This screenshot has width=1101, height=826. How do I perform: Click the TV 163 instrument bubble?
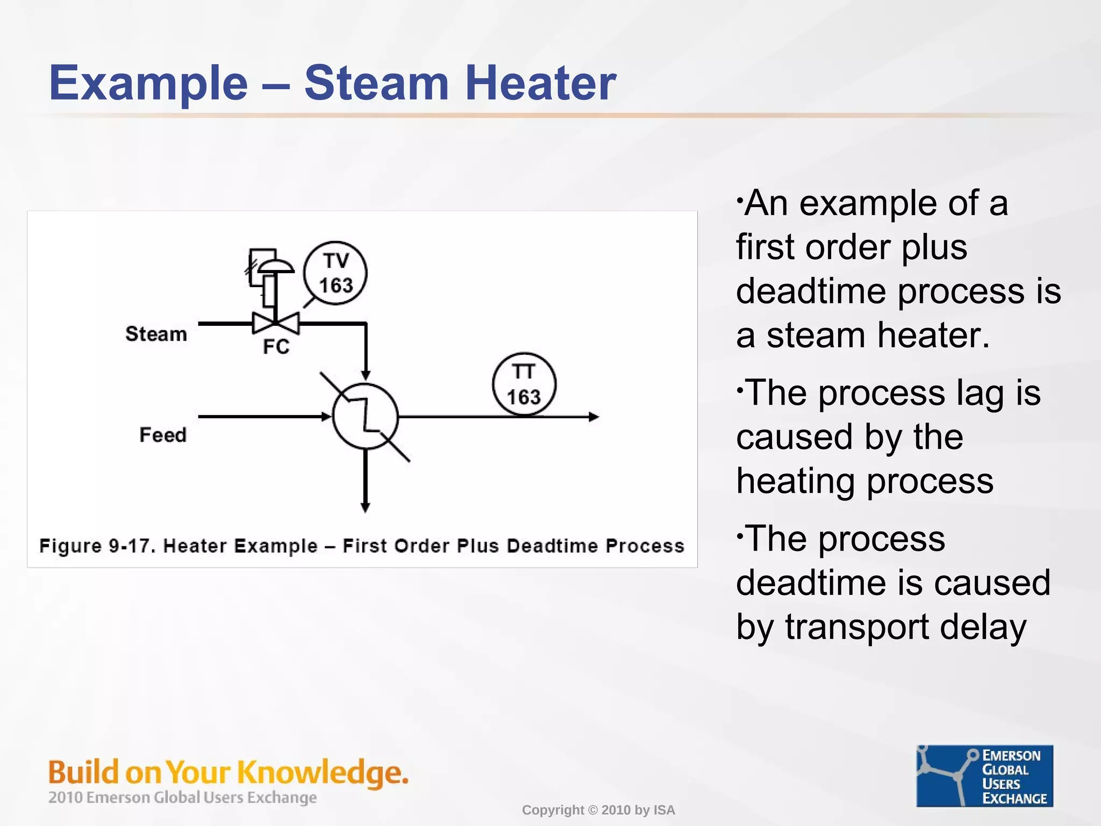pyautogui.click(x=335, y=273)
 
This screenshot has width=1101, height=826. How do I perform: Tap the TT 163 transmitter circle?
pyautogui.click(x=524, y=384)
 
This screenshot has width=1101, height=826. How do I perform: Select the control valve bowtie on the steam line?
pyautogui.click(x=276, y=323)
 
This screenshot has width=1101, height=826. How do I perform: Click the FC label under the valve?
pyautogui.click(x=276, y=347)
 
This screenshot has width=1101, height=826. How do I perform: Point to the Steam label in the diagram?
pyautogui.click(x=156, y=334)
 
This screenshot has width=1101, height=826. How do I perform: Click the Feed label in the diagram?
pyautogui.click(x=163, y=435)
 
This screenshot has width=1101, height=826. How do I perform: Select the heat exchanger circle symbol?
pyautogui.click(x=366, y=416)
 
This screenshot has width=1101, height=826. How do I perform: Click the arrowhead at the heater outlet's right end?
pyautogui.click(x=594, y=417)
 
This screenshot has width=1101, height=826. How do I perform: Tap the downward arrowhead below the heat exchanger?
pyautogui.click(x=365, y=507)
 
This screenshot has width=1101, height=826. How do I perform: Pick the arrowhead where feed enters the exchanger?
pyautogui.click(x=326, y=417)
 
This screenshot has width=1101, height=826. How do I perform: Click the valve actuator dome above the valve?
pyautogui.click(x=275, y=266)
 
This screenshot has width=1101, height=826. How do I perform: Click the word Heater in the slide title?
pyautogui.click(x=540, y=83)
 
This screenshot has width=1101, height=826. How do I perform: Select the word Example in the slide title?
pyautogui.click(x=148, y=83)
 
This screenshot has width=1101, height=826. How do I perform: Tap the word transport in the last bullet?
pyautogui.click(x=857, y=627)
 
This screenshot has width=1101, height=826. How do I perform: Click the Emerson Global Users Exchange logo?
pyautogui.click(x=984, y=775)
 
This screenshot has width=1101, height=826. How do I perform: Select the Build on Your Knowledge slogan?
pyautogui.click(x=228, y=772)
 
